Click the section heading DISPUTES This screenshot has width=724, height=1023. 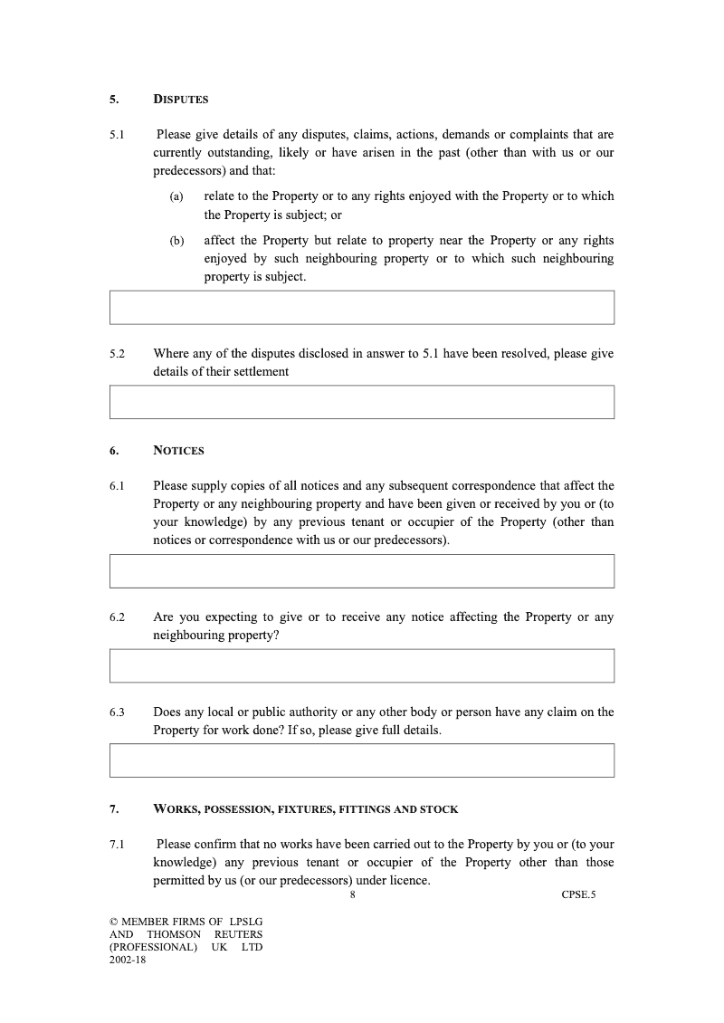click(181, 99)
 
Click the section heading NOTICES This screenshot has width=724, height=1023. click(178, 450)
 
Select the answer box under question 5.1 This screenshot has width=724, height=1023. click(362, 307)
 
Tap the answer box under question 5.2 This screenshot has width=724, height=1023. click(362, 402)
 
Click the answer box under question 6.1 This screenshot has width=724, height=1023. click(362, 571)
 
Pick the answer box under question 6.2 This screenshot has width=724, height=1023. click(362, 665)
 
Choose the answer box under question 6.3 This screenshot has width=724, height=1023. click(362, 760)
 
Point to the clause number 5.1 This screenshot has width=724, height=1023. click(117, 135)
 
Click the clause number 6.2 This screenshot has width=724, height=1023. click(117, 617)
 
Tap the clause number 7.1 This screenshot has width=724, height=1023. click(117, 845)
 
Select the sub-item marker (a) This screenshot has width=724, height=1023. click(176, 196)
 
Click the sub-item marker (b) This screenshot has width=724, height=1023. click(176, 241)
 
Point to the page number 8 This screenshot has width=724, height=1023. click(352, 895)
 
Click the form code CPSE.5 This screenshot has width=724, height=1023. click(578, 895)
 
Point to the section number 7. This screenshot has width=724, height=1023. click(113, 808)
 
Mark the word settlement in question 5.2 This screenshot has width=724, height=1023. click(258, 371)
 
